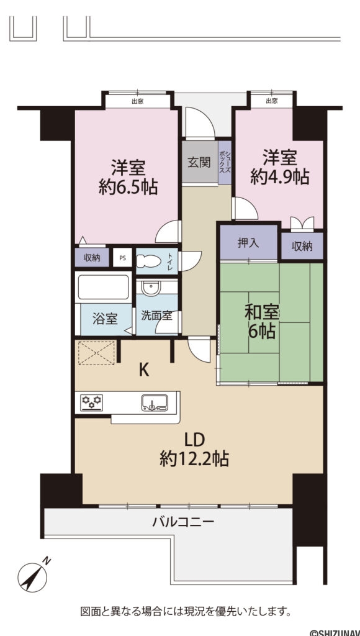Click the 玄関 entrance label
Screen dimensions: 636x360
click(x=198, y=163)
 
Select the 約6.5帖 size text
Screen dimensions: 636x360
click(x=128, y=186)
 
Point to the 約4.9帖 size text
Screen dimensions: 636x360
click(x=279, y=177)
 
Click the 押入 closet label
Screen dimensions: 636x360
click(x=248, y=243)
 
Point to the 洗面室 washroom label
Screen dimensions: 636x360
click(x=156, y=316)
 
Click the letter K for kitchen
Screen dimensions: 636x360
click(x=143, y=371)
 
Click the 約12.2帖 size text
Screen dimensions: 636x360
click(x=194, y=460)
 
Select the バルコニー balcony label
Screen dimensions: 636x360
click(x=183, y=522)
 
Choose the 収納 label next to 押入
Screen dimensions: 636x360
click(x=302, y=246)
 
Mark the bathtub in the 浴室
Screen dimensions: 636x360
click(x=102, y=287)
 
